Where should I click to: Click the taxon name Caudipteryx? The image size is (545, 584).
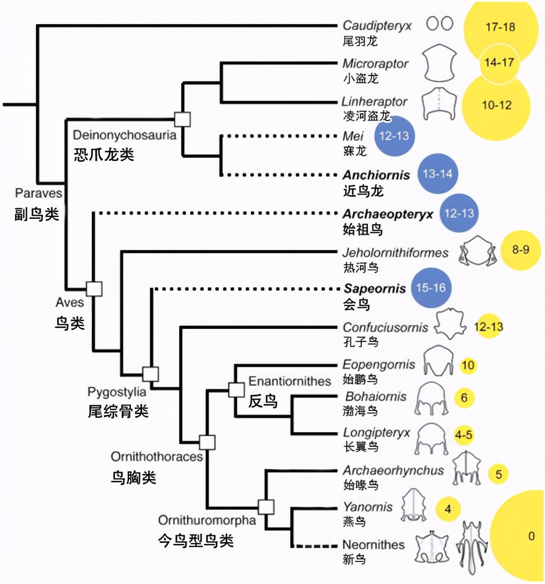(377, 25)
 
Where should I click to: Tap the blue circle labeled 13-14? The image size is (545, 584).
(437, 174)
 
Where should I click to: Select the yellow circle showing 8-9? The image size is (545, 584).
(520, 250)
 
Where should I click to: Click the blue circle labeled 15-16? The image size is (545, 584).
(431, 288)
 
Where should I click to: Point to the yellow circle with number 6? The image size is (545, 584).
(464, 398)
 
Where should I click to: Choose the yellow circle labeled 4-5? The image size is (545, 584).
(463, 435)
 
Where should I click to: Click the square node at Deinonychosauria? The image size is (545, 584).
(183, 119)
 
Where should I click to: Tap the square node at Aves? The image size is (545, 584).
(94, 289)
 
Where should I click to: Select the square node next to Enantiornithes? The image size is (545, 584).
(236, 389)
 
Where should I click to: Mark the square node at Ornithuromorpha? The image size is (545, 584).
(266, 506)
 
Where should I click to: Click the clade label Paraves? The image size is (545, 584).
(39, 193)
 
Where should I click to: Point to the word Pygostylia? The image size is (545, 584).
(117, 392)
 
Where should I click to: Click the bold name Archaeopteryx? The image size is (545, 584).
(388, 214)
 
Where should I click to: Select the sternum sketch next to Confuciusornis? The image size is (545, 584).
(450, 324)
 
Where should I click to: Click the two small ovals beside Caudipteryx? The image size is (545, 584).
(439, 24)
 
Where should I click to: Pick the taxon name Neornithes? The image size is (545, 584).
(373, 545)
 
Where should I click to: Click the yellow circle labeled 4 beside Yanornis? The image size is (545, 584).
(448, 509)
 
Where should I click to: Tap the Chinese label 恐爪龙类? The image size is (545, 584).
(104, 155)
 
